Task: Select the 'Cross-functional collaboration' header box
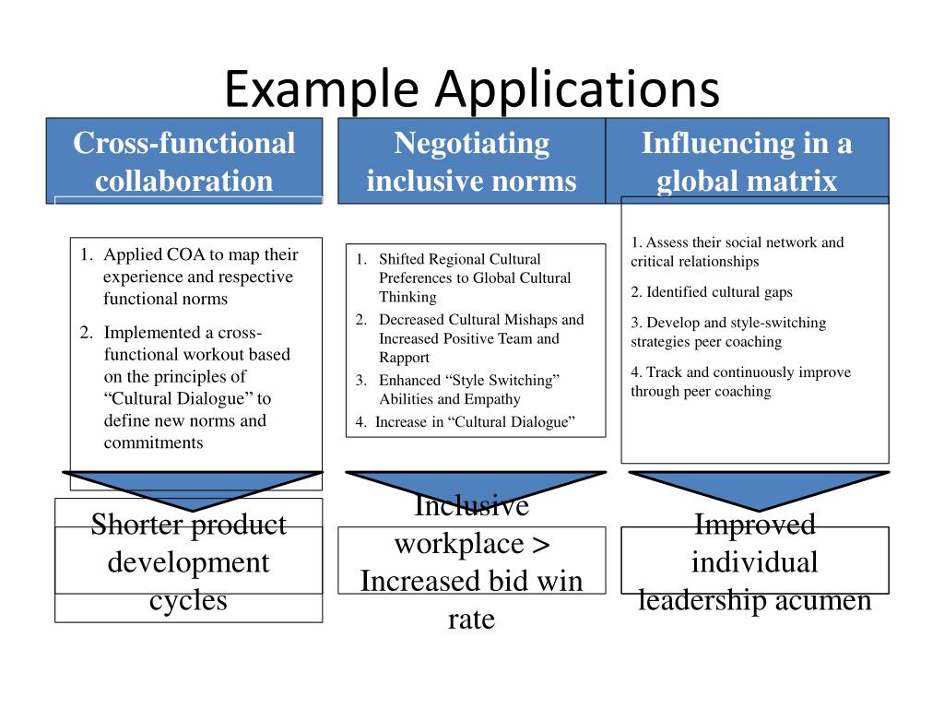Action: coord(184,161)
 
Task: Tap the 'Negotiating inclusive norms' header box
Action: coord(471,161)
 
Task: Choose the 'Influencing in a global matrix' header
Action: coord(747,161)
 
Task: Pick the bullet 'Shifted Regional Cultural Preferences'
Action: coord(474,277)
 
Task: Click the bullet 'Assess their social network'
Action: coord(737,252)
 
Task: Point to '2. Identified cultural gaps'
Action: coord(712,292)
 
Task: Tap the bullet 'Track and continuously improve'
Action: coord(740,382)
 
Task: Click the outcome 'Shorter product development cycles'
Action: coord(189,562)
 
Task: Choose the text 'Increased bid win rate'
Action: coord(471,600)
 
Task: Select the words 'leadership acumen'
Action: coord(755,601)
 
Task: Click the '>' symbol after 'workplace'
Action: coord(541,544)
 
